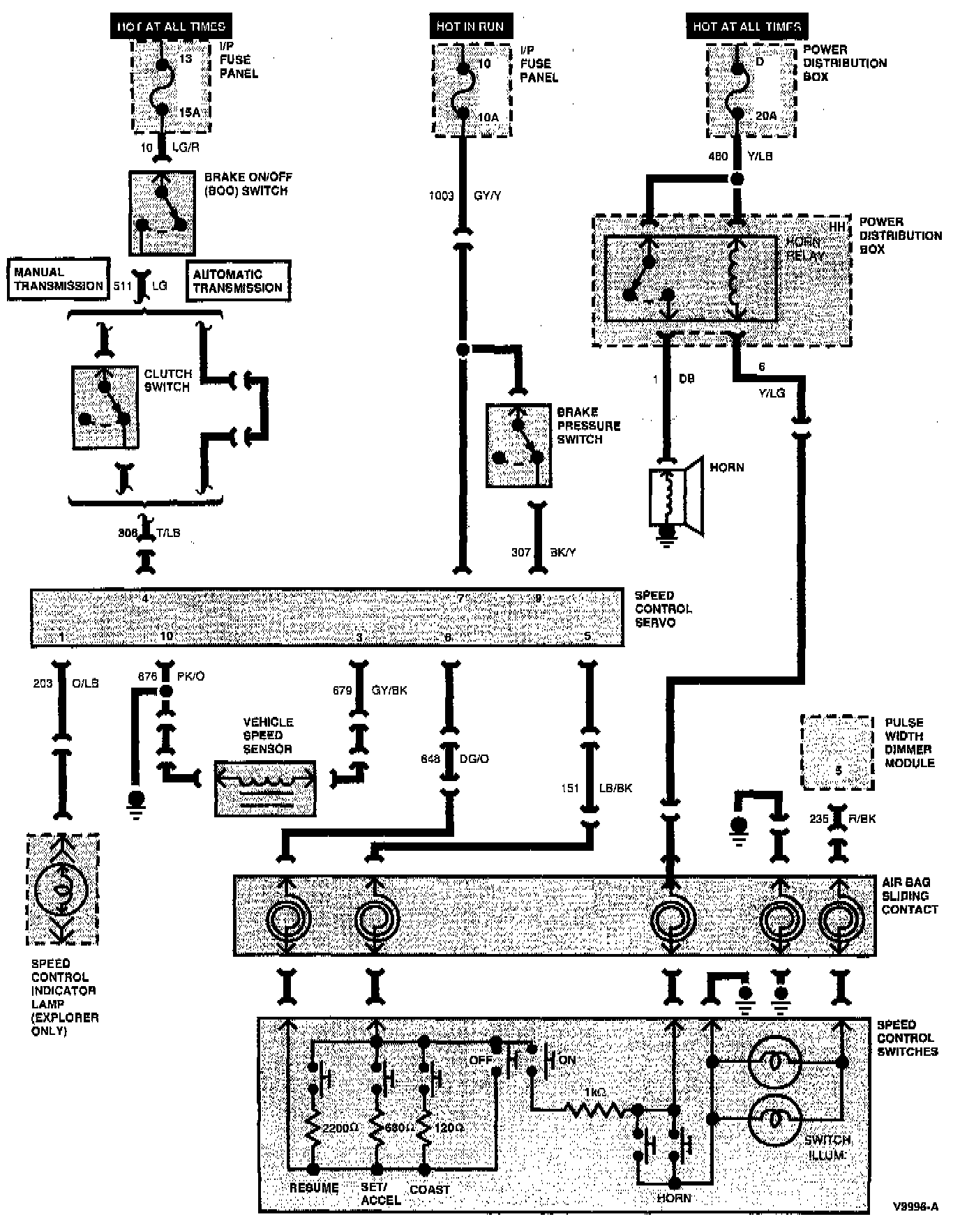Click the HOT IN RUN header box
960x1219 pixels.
(470, 26)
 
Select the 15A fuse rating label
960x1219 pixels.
(189, 112)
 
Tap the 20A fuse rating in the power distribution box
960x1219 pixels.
(766, 116)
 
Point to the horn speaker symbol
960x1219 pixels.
(676, 497)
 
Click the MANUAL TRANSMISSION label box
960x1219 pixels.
(59, 279)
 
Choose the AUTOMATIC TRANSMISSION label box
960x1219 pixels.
(238, 281)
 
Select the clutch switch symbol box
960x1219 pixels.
(105, 407)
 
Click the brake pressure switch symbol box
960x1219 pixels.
(518, 445)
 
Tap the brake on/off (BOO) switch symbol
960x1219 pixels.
(162, 213)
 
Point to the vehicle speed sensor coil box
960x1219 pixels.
(265, 789)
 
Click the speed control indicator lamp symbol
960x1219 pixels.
(62, 889)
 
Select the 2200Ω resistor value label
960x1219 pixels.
(340, 1128)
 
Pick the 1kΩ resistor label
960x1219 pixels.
(594, 1091)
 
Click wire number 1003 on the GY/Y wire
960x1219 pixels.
(441, 196)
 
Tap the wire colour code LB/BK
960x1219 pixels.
(615, 788)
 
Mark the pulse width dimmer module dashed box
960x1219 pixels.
(837, 752)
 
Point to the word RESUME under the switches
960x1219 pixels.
(314, 1188)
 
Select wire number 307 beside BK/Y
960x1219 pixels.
(521, 552)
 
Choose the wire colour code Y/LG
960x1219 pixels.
(772, 393)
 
